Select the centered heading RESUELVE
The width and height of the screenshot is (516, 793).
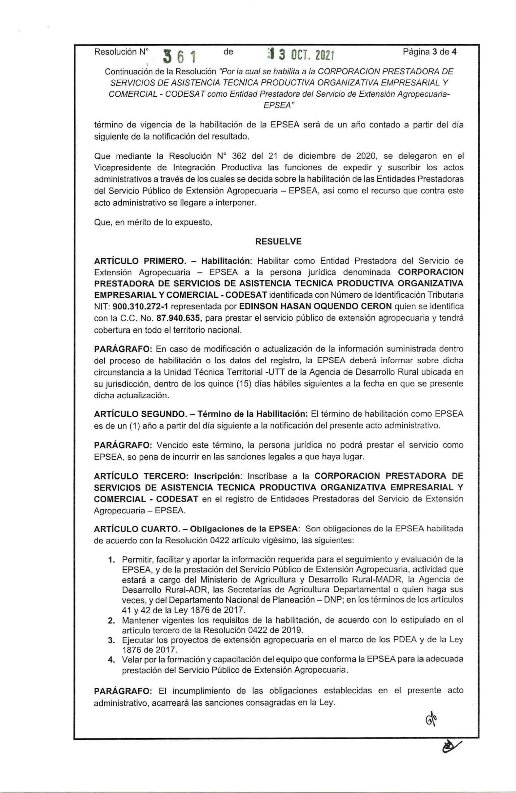coord(278,242)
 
